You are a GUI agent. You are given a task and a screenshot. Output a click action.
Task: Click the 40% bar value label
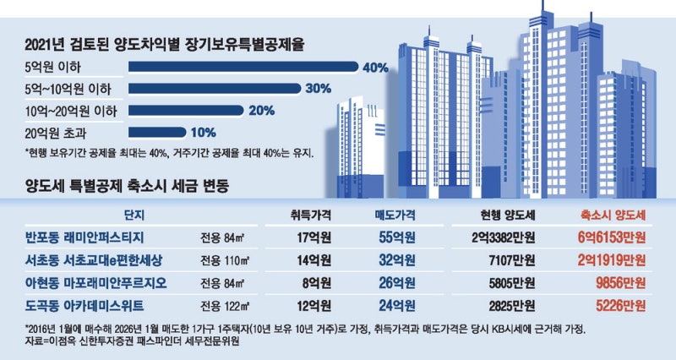[374, 67]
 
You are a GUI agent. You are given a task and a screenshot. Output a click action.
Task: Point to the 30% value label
[317, 88]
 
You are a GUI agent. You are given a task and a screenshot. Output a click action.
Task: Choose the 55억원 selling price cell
[393, 237]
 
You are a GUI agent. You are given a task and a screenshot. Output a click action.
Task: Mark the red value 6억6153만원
[607, 237]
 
